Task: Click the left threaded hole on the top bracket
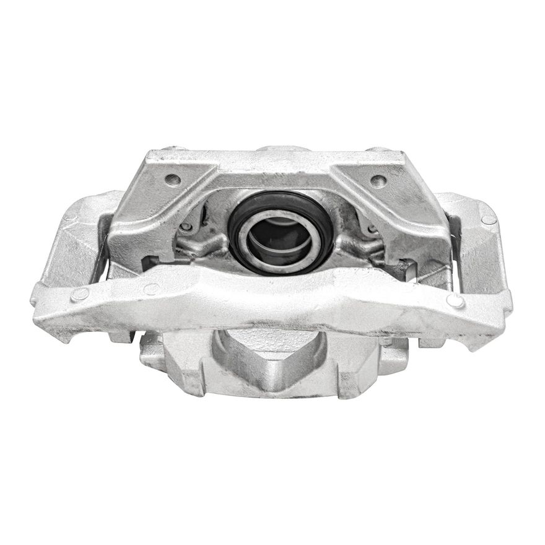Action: (173, 180)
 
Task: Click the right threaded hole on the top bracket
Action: (378, 180)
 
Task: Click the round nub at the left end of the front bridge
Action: (80, 294)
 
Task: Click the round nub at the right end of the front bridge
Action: (456, 301)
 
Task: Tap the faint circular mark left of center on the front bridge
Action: (151, 289)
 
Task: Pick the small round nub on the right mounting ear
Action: (489, 219)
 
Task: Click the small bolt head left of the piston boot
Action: (186, 227)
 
